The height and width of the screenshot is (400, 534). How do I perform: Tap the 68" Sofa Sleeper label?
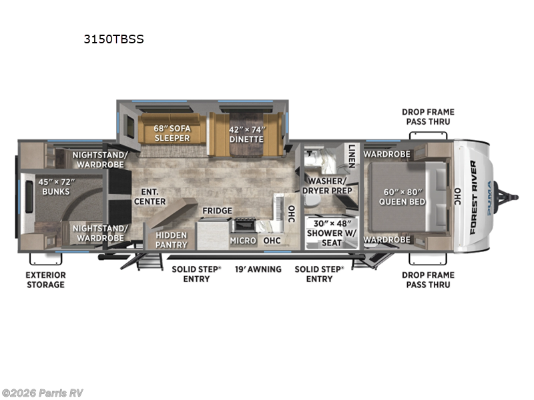click(x=172, y=133)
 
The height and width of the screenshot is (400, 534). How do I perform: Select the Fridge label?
click(x=218, y=211)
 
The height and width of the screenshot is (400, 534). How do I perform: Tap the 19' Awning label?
click(x=257, y=269)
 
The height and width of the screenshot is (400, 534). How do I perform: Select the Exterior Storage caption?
click(x=46, y=280)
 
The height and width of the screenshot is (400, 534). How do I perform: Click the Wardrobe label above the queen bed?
click(x=386, y=155)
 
